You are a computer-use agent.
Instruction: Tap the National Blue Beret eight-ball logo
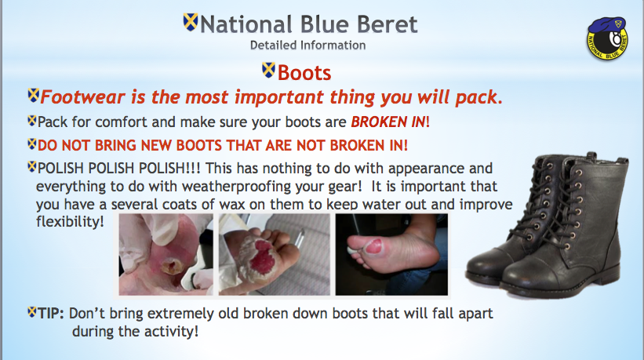[607, 38]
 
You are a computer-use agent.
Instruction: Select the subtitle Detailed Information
[307, 45]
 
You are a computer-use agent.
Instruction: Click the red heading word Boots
[304, 73]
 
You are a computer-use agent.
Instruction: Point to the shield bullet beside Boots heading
[268, 70]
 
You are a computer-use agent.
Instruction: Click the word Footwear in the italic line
[82, 97]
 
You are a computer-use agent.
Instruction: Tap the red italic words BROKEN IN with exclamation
[390, 122]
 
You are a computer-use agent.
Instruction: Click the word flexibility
[70, 222]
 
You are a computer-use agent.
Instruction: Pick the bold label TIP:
[51, 314]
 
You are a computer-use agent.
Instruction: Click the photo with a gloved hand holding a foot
[166, 254]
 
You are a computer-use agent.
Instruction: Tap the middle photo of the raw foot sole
[275, 254]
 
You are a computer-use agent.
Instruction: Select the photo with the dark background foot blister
[391, 254]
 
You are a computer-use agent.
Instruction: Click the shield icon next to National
[191, 22]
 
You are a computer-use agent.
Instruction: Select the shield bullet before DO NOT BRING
[32, 144]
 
